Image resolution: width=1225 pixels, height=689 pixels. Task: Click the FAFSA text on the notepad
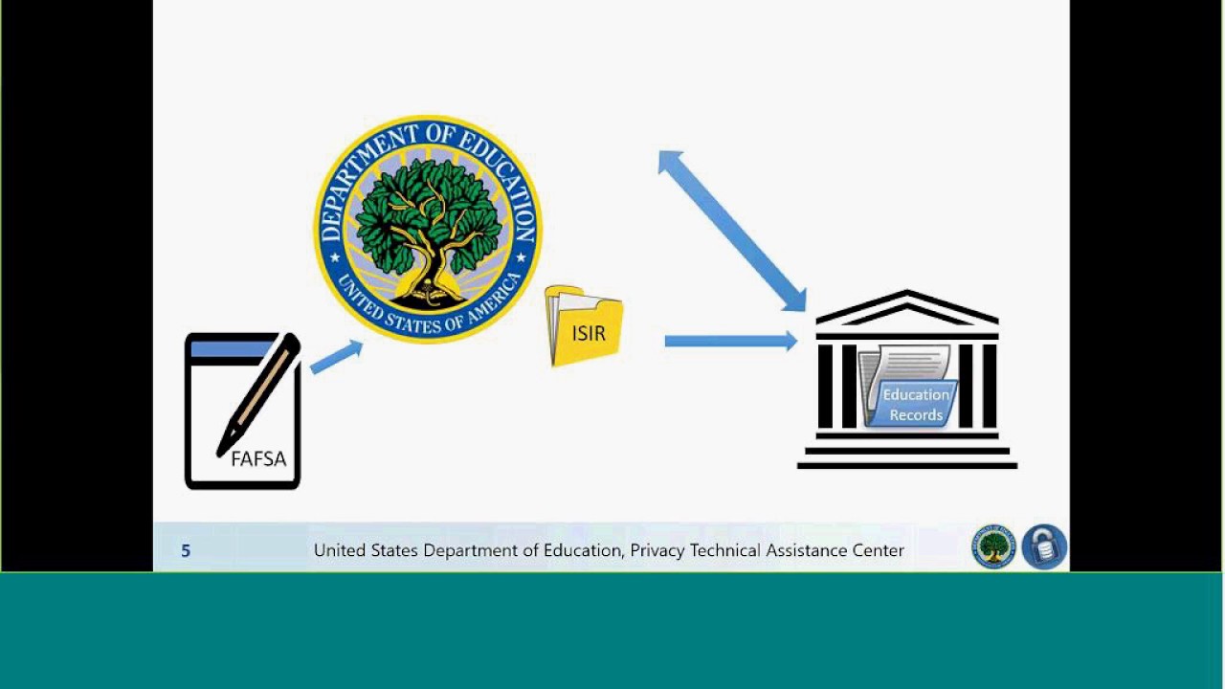click(x=258, y=459)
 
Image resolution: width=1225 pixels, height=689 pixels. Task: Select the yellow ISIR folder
click(x=585, y=327)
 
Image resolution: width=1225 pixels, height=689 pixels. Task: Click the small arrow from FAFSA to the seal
click(x=336, y=356)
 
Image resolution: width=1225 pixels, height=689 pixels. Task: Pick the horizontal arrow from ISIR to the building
click(x=730, y=341)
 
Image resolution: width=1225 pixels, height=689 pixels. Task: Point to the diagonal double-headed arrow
click(x=732, y=231)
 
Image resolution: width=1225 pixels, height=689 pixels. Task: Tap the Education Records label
click(x=916, y=405)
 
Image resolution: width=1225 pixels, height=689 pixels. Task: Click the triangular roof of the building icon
click(x=907, y=308)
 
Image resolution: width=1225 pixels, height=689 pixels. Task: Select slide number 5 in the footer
click(x=186, y=551)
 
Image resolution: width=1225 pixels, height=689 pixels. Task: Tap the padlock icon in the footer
click(x=1044, y=547)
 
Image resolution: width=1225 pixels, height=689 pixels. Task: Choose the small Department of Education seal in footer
click(x=994, y=547)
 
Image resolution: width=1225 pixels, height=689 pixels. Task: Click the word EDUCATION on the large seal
click(x=497, y=178)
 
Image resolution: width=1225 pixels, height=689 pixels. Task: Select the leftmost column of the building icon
click(x=825, y=385)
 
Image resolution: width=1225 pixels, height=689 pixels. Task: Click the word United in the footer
click(x=339, y=551)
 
